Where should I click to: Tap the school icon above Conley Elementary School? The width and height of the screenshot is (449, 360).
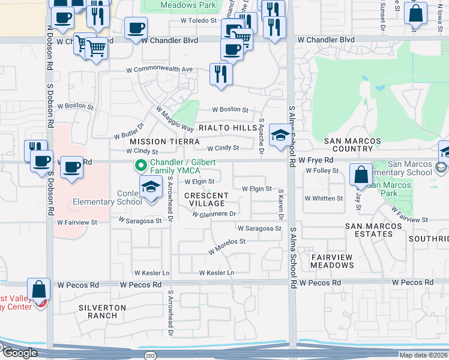click(151, 187)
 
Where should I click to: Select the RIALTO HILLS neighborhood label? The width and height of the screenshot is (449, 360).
click(228, 128)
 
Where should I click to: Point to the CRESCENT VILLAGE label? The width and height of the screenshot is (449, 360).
click(206, 200)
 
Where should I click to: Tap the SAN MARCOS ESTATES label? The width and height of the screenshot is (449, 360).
click(373, 230)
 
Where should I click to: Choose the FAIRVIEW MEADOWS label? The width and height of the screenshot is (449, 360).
click(332, 261)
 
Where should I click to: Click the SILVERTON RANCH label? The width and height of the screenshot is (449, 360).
click(102, 311)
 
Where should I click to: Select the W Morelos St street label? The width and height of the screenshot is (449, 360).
click(227, 245)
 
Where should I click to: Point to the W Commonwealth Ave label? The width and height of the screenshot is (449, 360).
click(159, 70)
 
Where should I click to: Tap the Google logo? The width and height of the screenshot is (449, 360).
click(19, 353)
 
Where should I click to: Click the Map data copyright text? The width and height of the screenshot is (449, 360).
click(423, 355)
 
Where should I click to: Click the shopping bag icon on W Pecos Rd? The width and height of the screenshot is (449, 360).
click(39, 290)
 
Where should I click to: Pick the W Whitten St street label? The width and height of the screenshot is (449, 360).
click(324, 198)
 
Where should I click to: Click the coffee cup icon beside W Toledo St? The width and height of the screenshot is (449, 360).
click(136, 28)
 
